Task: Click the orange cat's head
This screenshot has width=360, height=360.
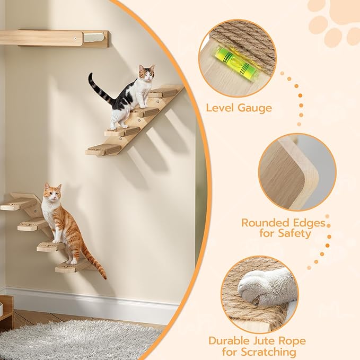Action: coord(52,194)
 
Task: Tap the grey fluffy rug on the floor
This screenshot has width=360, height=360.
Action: coord(80,339)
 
